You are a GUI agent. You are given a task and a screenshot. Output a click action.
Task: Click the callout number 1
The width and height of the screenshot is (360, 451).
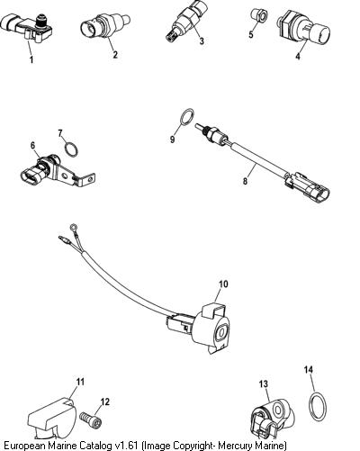[31, 59]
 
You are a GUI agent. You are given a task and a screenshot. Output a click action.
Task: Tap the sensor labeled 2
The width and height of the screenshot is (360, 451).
[104, 26]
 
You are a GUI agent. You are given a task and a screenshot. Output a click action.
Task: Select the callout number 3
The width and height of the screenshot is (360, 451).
[202, 41]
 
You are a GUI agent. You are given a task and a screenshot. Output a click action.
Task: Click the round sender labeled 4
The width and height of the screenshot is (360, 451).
[303, 31]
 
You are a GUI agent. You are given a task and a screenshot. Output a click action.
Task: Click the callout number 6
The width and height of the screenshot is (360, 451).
[32, 146]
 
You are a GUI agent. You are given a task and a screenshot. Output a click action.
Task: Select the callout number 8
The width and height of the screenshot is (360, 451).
[246, 181]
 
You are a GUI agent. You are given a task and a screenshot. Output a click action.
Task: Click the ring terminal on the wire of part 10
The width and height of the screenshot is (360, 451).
[73, 227]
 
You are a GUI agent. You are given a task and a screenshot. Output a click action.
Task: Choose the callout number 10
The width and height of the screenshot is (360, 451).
[223, 284]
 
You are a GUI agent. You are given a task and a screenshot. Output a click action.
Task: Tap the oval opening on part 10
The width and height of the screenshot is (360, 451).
[222, 332]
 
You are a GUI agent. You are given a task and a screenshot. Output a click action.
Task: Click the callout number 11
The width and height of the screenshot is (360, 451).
[80, 382]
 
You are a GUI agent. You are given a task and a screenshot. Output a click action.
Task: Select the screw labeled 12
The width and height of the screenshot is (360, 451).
[91, 419]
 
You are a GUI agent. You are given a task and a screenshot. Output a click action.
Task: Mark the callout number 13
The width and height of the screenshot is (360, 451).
[263, 383]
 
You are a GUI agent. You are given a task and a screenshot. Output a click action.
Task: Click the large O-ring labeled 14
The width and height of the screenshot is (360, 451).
[318, 406]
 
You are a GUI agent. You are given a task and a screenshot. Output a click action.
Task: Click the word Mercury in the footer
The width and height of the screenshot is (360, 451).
[235, 445]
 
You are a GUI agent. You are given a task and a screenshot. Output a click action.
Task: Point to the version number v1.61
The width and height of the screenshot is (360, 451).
[124, 445]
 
